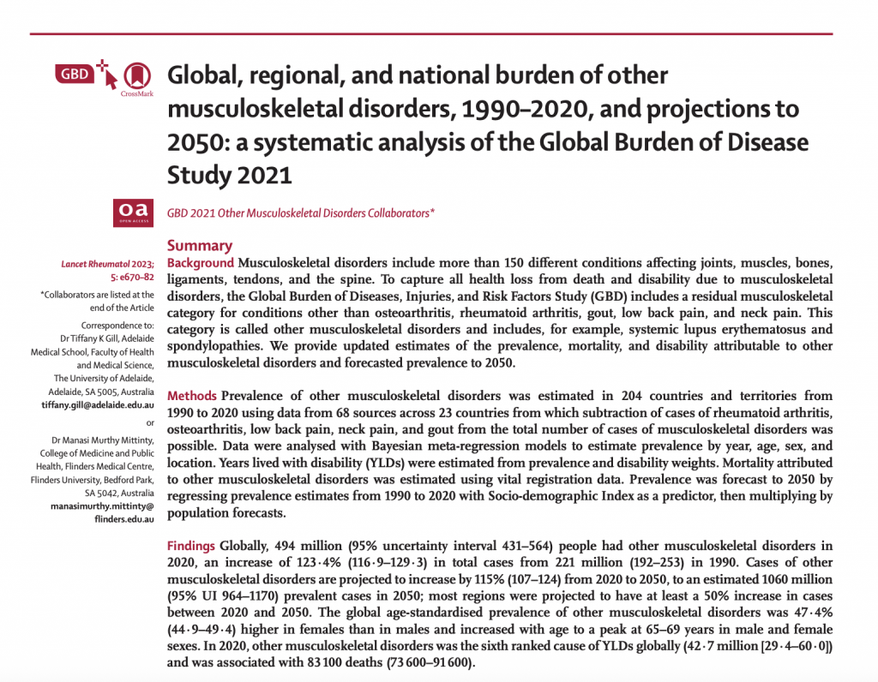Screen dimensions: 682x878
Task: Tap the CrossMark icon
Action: tap(135, 76)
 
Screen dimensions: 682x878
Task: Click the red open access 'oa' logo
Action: tap(134, 209)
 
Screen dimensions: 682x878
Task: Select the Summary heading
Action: tap(200, 245)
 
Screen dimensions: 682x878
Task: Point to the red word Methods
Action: tap(192, 397)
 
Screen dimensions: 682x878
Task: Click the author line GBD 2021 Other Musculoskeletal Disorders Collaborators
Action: tap(301, 211)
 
